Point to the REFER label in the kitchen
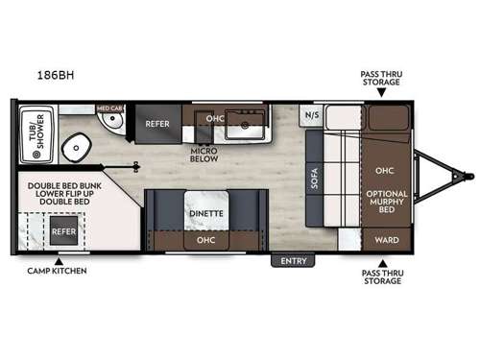pyautogui.click(x=157, y=124)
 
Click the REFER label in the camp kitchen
pyautogui.click(x=63, y=231)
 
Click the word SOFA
pyautogui.click(x=313, y=178)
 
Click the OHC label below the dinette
pyautogui.click(x=205, y=239)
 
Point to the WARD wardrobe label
pyautogui.click(x=388, y=239)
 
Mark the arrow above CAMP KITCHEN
pyautogui.click(x=59, y=260)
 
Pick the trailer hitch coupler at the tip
pyautogui.click(x=467, y=176)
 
